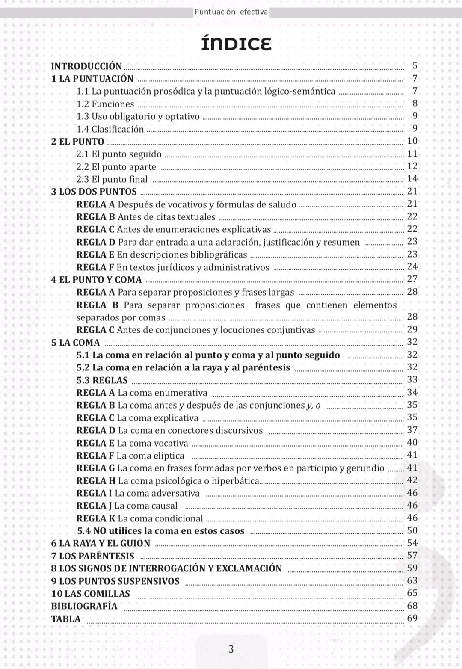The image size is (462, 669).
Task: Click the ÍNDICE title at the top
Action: coord(236,44)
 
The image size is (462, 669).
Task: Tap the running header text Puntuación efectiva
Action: coord(231,12)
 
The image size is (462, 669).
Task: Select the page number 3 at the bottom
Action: coord(231,649)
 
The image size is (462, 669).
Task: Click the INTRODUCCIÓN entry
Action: coord(86,66)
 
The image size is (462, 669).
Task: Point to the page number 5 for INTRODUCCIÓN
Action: coord(415,66)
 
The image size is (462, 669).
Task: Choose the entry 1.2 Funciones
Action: coord(105,104)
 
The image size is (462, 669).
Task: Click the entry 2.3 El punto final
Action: coord(112,179)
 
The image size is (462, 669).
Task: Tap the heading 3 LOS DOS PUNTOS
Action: coord(94,192)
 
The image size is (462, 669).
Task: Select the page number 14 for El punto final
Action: coord(412,179)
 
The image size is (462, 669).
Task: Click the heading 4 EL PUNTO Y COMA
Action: coord(96,280)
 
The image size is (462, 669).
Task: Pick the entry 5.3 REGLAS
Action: coord(102,380)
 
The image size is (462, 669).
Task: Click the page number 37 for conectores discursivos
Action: coord(412,430)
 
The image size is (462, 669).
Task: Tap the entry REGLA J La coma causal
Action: coord(127,506)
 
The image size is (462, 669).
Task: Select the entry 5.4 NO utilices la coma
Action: coord(160,531)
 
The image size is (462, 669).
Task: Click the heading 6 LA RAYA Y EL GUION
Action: coord(101,543)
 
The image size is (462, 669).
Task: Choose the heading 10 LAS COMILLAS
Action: coord(90,594)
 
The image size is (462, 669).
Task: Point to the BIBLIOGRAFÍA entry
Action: coord(84,606)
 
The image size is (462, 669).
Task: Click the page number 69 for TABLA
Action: coord(412,618)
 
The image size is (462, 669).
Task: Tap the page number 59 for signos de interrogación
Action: coord(412,568)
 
